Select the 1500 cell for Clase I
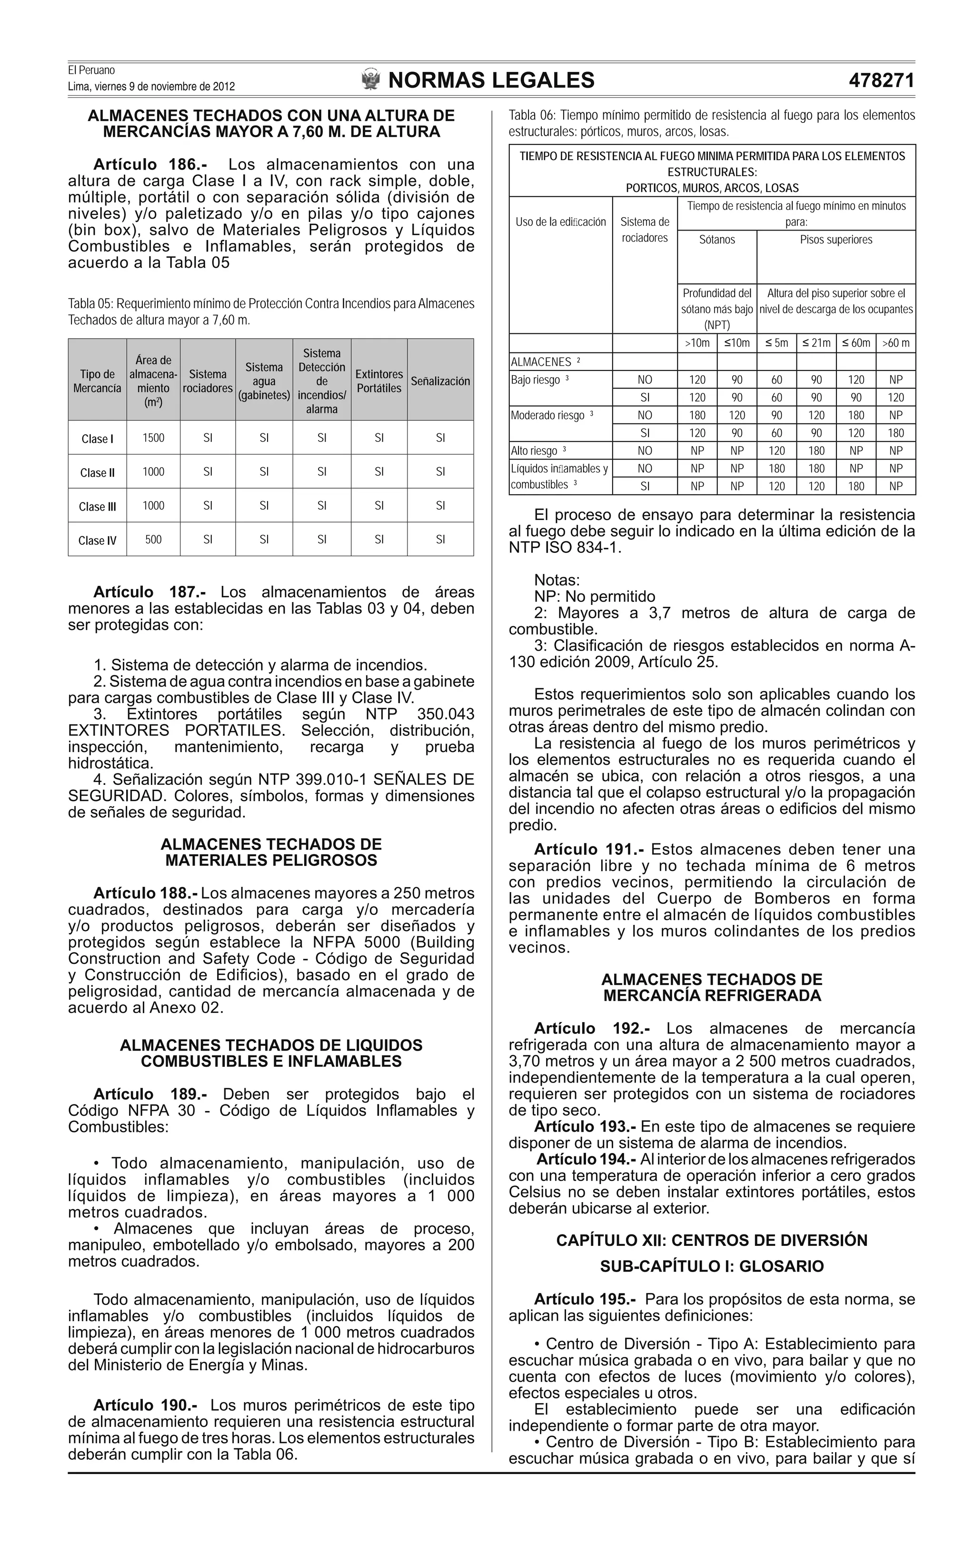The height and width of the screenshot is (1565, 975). [x=153, y=438]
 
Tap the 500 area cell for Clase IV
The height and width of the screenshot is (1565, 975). [x=153, y=539]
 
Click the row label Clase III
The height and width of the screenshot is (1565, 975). [x=98, y=506]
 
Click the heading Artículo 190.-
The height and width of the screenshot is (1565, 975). [x=146, y=1405]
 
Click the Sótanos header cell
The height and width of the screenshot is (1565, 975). [x=716, y=240]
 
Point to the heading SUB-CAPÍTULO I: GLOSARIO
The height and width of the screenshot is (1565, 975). [x=712, y=1266]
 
